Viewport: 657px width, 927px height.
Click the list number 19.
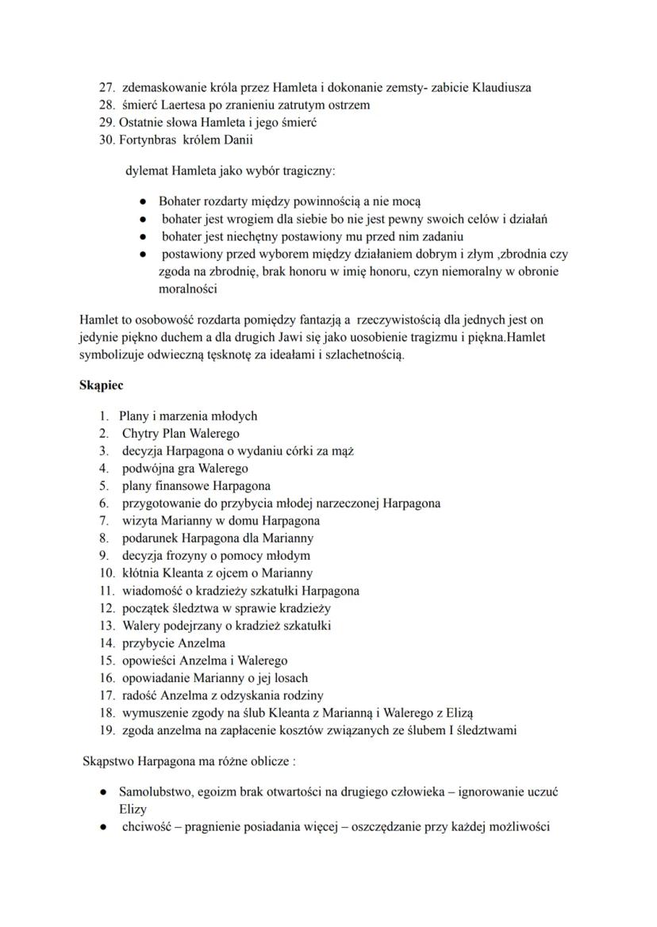[x=106, y=730]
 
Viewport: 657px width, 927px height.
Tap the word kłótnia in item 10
[x=141, y=573]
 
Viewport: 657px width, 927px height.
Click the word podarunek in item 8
[x=150, y=538]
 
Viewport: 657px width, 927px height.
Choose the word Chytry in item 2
[x=140, y=433]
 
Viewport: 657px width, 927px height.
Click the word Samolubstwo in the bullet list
[x=155, y=791]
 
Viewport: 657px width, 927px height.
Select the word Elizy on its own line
[x=133, y=810]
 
